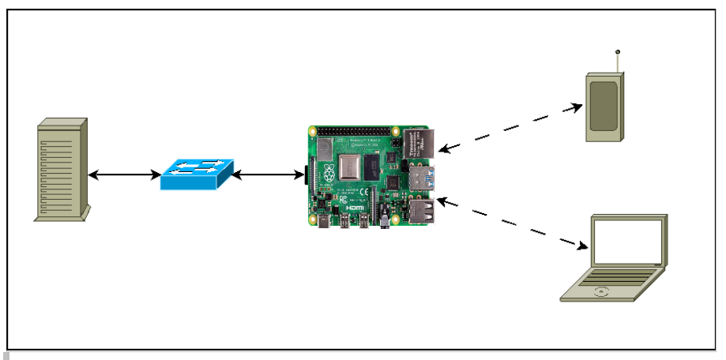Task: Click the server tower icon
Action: tap(62, 170)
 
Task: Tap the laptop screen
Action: tap(629, 244)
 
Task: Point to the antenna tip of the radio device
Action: tap(618, 53)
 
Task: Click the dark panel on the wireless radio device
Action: tap(604, 106)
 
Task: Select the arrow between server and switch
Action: tap(125, 174)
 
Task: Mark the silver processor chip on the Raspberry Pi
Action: tap(348, 168)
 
